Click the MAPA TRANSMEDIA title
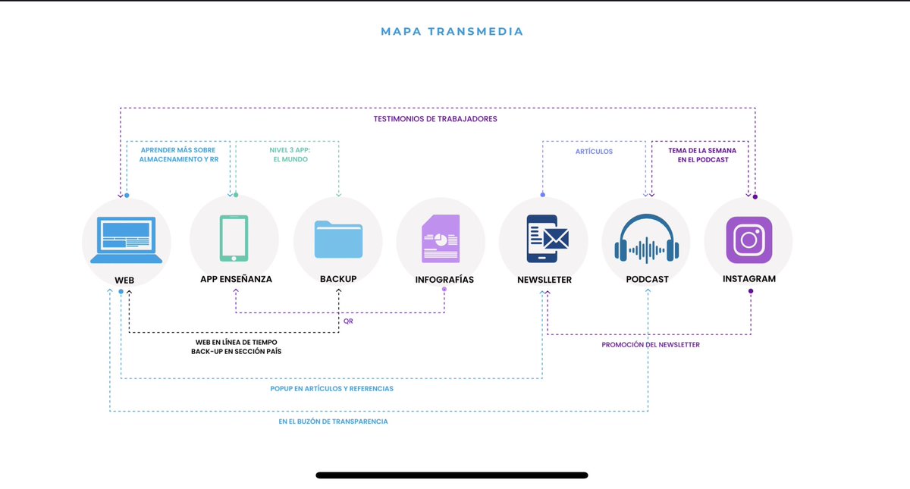(452, 32)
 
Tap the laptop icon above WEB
(126, 240)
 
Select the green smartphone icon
(234, 238)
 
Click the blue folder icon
(338, 240)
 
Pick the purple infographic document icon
(441, 239)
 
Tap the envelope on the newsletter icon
(556, 238)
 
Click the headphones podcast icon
(647, 238)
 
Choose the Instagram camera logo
(749, 240)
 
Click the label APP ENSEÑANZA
(236, 279)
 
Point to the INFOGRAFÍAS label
(444, 280)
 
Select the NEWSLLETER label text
(544, 280)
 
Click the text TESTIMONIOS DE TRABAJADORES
(435, 119)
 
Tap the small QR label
(348, 321)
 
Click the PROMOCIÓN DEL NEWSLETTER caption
(651, 345)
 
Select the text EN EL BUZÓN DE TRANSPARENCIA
(333, 422)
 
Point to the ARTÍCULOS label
(594, 152)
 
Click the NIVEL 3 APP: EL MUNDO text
(290, 155)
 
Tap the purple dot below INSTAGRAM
(751, 291)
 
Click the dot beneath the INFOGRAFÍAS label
(444, 289)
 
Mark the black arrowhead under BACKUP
(338, 291)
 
